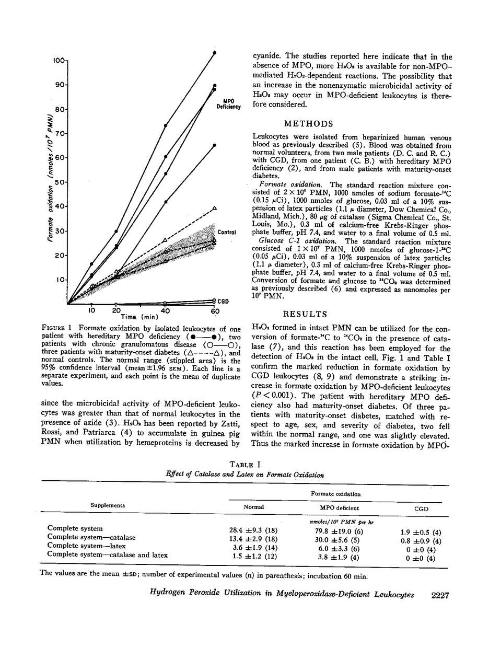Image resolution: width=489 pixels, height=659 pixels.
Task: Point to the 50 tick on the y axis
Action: pos(61,182)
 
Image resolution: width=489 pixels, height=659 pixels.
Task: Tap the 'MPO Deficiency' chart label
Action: pos(228,104)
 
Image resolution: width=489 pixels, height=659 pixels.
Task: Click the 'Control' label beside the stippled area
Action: pos(228,232)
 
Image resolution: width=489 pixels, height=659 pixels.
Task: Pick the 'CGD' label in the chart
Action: pos(224,301)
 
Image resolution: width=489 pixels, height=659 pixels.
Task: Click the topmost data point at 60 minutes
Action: pos(215,53)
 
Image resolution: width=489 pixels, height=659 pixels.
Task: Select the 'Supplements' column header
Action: pos(108,506)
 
